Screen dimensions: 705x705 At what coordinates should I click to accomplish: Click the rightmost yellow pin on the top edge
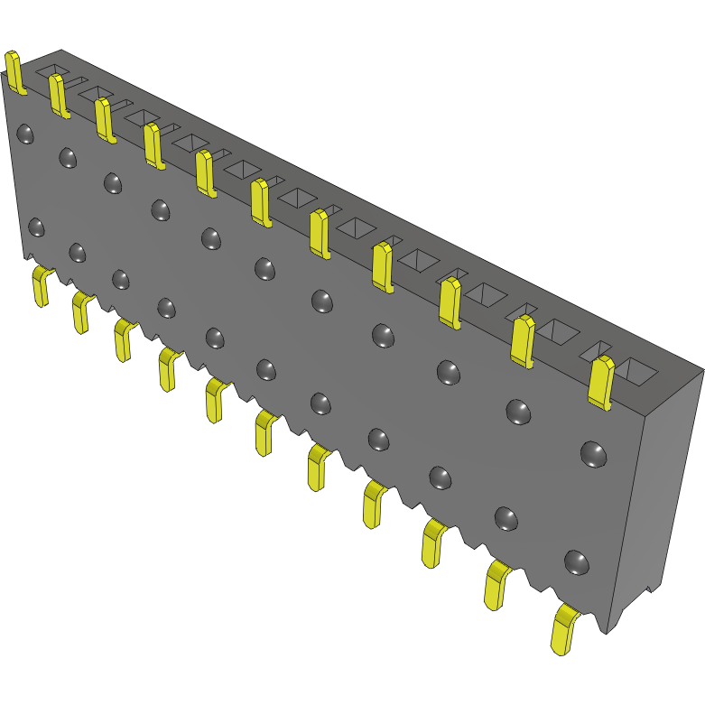[600, 382]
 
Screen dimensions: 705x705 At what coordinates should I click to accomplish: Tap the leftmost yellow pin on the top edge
[14, 72]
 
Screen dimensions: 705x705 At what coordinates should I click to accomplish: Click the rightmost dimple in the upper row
[592, 454]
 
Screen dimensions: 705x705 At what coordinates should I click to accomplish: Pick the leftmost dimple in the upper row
[26, 134]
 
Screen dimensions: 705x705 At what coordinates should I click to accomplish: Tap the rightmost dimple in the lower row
[576, 562]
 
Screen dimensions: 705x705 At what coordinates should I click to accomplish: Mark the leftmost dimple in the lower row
[36, 226]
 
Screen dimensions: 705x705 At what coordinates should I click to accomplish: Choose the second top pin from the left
[59, 96]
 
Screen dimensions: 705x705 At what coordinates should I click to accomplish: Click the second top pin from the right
[522, 340]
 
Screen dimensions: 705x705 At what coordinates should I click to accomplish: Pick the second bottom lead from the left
[81, 311]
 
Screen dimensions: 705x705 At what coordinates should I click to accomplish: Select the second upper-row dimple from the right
[517, 411]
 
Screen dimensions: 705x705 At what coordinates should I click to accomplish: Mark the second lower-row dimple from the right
[506, 517]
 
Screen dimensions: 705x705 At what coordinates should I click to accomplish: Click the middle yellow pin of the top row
[260, 202]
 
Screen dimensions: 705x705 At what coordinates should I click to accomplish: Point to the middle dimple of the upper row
[264, 267]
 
